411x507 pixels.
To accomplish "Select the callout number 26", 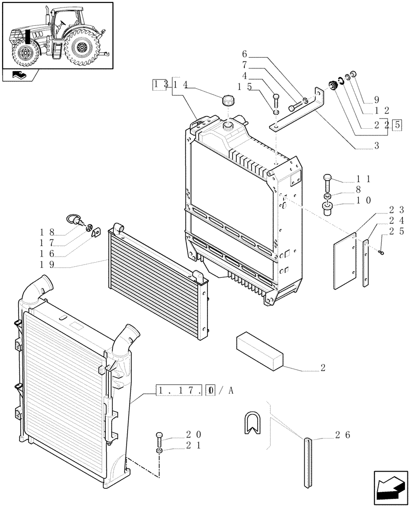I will click(343, 435).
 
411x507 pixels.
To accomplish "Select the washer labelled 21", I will click(159, 450).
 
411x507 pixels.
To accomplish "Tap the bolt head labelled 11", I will click(327, 181).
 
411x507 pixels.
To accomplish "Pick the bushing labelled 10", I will click(328, 207).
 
